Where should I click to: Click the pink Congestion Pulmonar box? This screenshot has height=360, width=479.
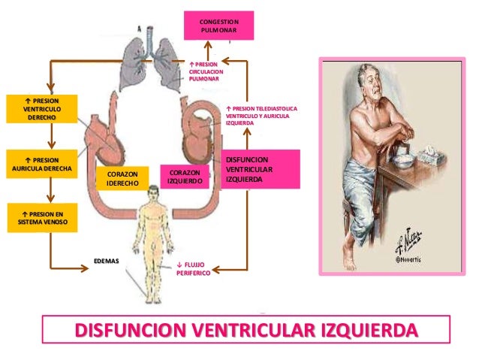click(x=219, y=25)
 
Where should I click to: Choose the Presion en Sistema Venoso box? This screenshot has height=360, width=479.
click(x=41, y=217)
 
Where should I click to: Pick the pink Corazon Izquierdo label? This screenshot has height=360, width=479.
click(x=184, y=177)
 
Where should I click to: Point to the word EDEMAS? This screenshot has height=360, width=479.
click(x=106, y=262)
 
